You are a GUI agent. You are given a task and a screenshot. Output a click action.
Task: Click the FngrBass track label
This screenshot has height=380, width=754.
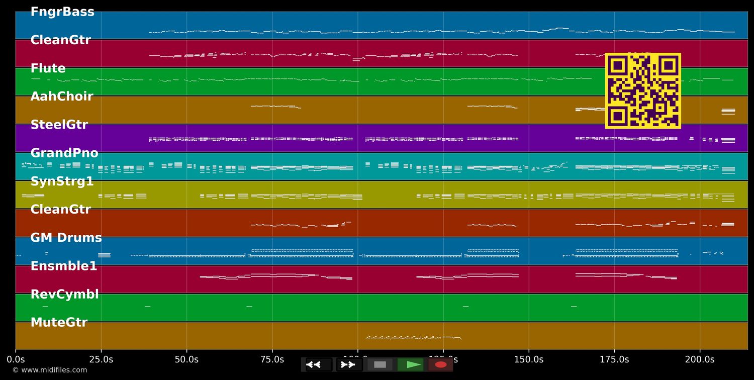click(62, 12)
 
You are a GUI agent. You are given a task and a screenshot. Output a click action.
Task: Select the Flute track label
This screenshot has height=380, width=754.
click(48, 68)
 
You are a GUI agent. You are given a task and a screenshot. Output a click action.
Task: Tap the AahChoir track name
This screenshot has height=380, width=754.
click(62, 97)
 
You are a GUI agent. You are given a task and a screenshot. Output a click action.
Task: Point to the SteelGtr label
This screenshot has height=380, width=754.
click(59, 125)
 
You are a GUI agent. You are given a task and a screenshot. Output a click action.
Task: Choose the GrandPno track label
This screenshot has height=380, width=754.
click(64, 153)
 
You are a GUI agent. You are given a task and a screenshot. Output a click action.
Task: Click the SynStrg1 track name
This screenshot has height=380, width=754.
click(62, 181)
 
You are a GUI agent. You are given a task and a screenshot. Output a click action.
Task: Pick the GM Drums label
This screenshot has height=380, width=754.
click(66, 238)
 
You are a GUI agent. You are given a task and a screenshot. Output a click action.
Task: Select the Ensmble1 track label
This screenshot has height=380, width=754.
click(64, 266)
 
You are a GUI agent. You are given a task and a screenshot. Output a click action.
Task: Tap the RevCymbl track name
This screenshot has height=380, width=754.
click(65, 295)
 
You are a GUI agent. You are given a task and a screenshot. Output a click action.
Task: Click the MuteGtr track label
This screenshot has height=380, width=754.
click(59, 323)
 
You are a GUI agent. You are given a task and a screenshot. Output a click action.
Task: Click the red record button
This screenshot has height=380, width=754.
click(441, 364)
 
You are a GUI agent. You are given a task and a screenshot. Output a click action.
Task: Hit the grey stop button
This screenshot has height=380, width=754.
click(380, 364)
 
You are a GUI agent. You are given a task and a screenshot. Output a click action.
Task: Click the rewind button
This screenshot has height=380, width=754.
click(319, 364)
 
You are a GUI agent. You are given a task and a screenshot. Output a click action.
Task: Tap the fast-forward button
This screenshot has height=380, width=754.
click(349, 364)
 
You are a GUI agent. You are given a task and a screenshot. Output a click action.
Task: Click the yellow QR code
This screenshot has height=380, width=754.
click(643, 90)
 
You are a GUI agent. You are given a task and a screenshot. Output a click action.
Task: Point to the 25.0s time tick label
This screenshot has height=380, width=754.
click(101, 359)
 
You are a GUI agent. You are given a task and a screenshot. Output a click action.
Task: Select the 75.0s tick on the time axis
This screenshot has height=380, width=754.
click(272, 359)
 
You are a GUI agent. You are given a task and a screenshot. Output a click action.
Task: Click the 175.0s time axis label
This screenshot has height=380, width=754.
click(614, 359)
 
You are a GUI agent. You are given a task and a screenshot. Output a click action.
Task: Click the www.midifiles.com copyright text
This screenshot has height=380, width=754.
click(49, 370)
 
